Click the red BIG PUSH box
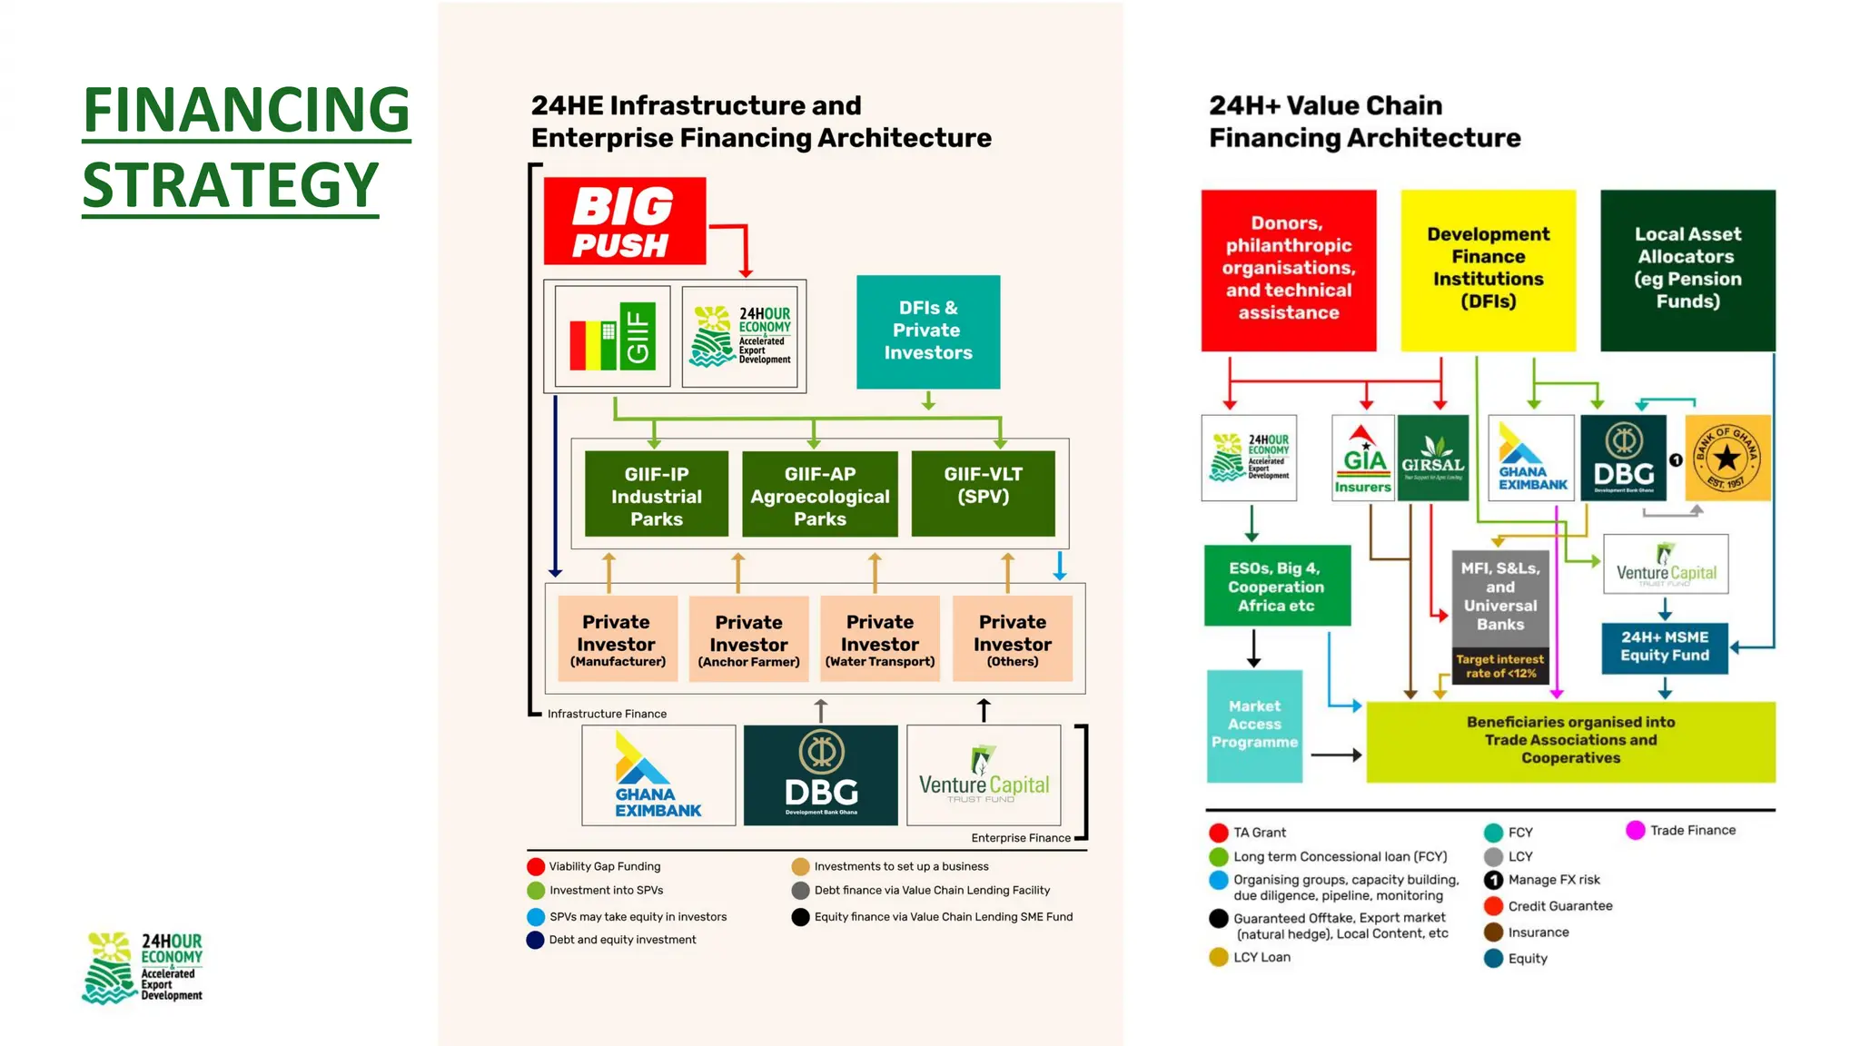point(624,222)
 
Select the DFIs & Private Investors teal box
point(927,331)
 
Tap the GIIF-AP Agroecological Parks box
point(819,495)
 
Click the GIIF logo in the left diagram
point(613,336)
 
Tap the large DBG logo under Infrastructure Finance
point(820,775)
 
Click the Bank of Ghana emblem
point(1726,458)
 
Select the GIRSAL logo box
point(1432,458)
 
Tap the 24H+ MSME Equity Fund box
point(1664,646)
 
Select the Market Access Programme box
point(1254,725)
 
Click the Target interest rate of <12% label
point(1499,666)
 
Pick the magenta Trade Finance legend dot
point(1635,830)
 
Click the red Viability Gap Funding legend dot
point(536,866)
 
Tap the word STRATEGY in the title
point(231,185)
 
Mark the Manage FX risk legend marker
point(1493,880)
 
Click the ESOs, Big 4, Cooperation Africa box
point(1276,586)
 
